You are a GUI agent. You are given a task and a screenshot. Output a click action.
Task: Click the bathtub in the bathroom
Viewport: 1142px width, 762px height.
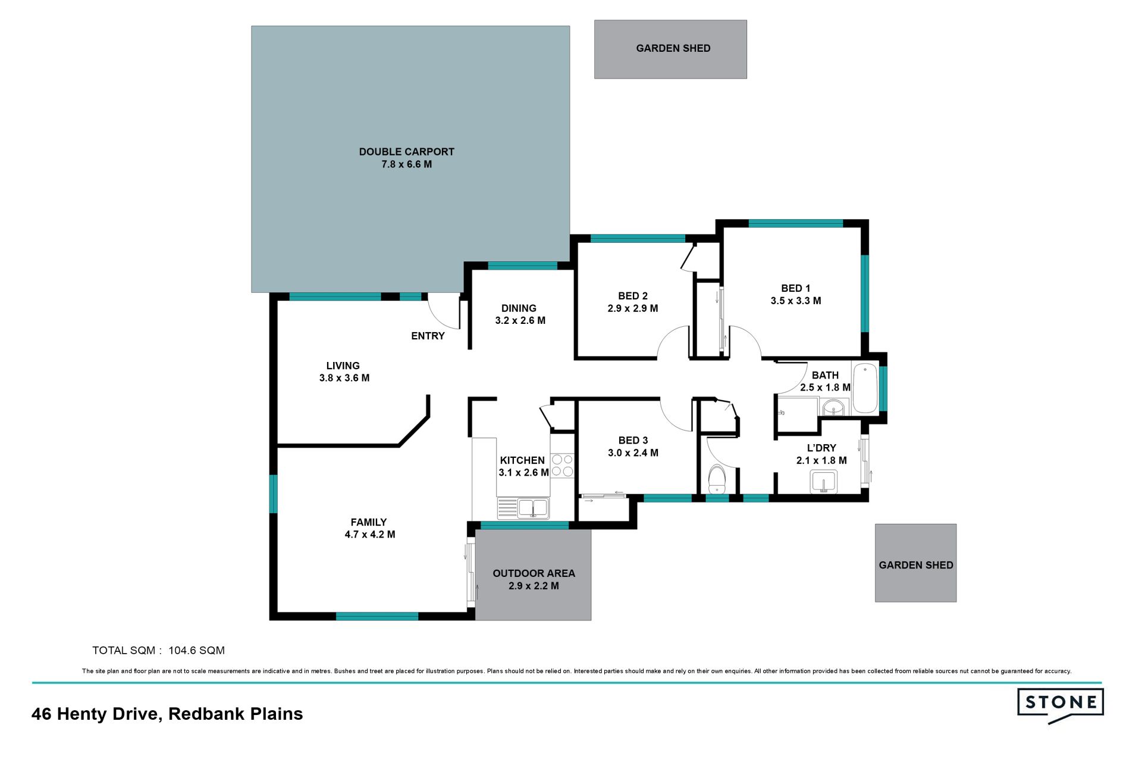click(865, 388)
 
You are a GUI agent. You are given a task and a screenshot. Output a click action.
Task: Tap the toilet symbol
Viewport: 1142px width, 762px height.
click(717, 480)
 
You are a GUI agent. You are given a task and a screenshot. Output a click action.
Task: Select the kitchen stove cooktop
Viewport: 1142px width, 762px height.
click(562, 466)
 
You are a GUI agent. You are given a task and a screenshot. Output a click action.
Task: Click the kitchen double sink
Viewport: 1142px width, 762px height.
click(523, 508)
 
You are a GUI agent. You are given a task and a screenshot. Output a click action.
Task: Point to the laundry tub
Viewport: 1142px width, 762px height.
click(824, 482)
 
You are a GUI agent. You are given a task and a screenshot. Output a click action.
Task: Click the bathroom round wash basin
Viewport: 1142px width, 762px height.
click(833, 408)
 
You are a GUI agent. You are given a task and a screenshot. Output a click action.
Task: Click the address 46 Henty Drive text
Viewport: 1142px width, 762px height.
click(97, 714)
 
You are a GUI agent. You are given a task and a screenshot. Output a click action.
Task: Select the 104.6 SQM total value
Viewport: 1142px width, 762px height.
click(196, 651)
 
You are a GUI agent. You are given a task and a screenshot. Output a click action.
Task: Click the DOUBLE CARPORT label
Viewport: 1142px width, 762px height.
click(406, 152)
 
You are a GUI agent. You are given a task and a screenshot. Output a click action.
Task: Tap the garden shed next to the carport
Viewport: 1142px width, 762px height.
click(670, 49)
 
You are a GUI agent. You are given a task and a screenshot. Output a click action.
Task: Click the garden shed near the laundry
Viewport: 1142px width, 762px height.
click(915, 563)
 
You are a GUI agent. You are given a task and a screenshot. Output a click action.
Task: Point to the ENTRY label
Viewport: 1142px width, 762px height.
click(428, 336)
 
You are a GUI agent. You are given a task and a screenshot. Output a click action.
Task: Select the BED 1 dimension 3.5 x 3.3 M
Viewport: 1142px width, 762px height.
click(796, 301)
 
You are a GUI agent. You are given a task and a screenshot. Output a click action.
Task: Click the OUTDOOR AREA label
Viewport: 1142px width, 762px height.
click(534, 573)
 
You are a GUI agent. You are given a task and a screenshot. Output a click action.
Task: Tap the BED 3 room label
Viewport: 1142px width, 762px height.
click(633, 441)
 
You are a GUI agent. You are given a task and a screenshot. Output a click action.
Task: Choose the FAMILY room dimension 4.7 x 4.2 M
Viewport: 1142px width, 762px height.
click(370, 535)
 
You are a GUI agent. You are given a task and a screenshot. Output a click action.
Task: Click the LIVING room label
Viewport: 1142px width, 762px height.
click(343, 366)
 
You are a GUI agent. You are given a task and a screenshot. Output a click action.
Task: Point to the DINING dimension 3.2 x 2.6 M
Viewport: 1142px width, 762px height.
click(520, 320)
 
